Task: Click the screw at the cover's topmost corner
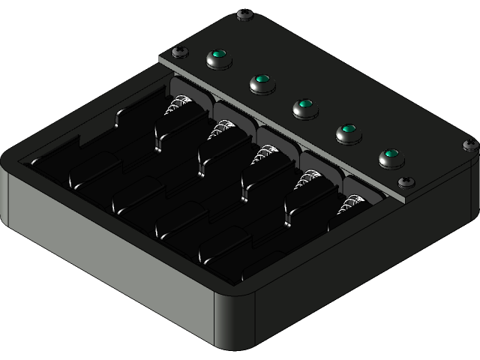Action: pyautogui.click(x=244, y=14)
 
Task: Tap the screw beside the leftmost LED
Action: pyautogui.click(x=179, y=52)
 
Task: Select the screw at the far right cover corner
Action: pyautogui.click(x=470, y=145)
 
